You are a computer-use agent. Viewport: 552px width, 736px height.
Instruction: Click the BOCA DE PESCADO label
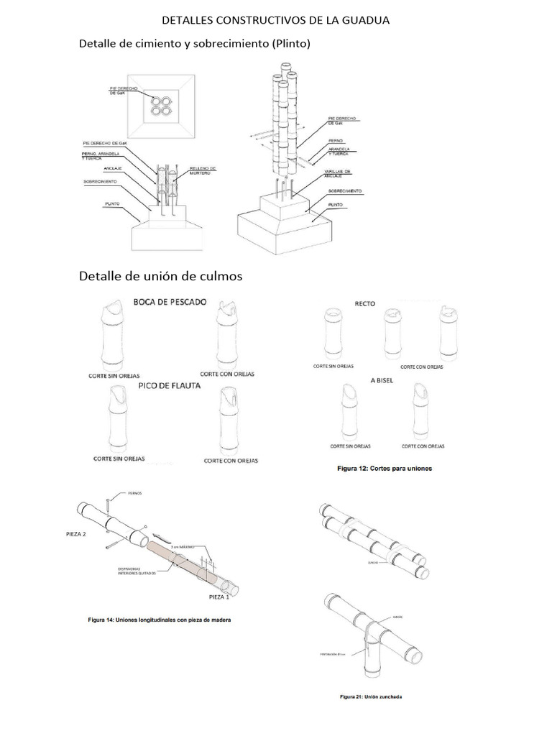click(170, 302)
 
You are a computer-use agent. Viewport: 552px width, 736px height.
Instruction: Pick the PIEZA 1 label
click(219, 597)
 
